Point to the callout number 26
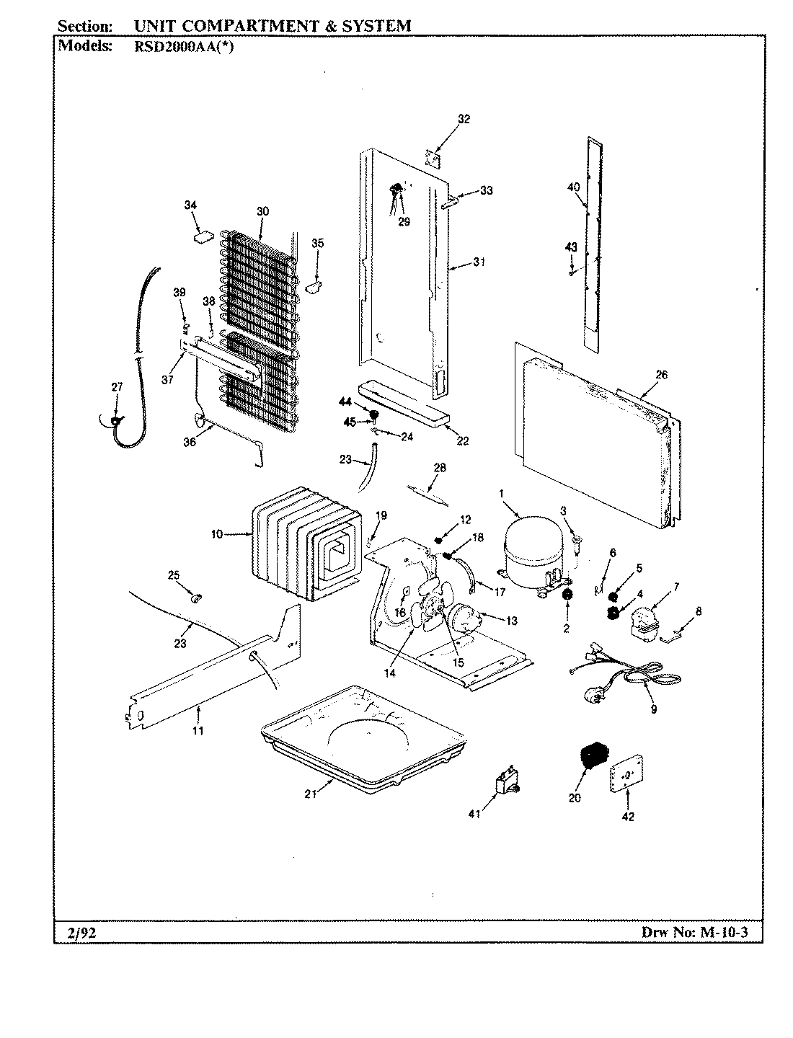[x=661, y=374]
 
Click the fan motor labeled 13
[x=465, y=618]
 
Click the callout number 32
[x=464, y=120]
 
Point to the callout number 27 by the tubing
[x=117, y=387]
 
